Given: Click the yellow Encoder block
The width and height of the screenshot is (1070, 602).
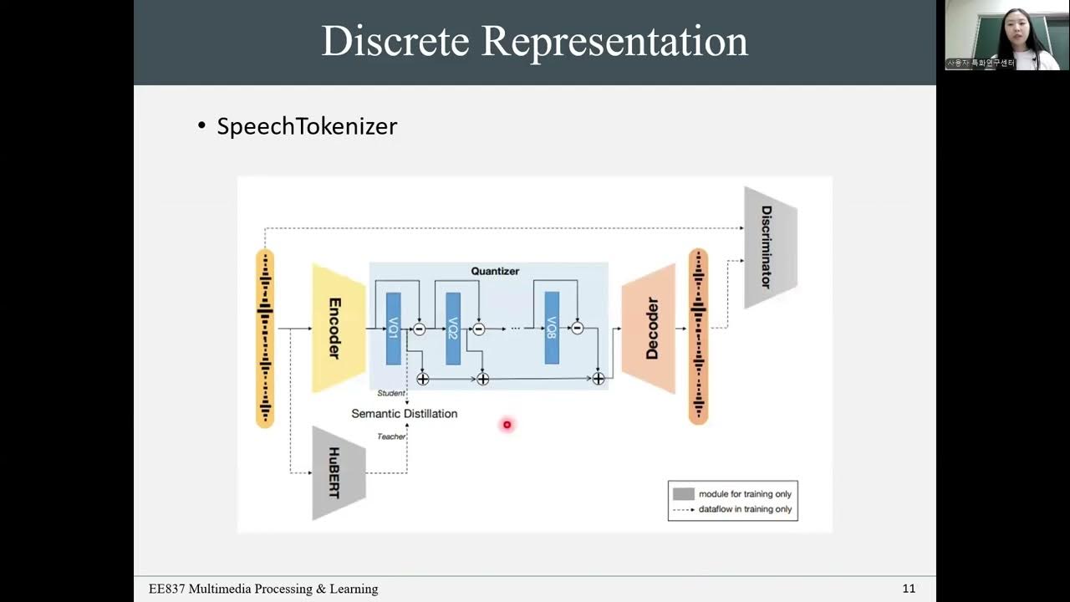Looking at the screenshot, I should point(338,328).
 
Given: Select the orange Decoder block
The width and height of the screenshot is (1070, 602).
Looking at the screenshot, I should point(649,329).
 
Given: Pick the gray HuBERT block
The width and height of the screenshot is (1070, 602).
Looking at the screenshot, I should point(338,472).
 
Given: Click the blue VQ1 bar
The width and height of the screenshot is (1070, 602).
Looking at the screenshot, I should point(394,329).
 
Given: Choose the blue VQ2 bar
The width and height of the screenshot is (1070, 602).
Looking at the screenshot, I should point(453,329).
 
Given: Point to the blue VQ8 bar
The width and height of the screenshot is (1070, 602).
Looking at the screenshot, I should point(552,329).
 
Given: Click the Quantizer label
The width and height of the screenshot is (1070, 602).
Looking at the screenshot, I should point(495,271).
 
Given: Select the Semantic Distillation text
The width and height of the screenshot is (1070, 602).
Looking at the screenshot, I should point(404,414).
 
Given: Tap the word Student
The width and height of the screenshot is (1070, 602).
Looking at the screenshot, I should point(390,393).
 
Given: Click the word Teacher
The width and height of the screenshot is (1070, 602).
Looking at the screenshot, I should point(390,436).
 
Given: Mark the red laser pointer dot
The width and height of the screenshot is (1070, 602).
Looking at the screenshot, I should point(507,425).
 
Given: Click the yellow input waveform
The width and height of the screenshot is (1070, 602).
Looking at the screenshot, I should point(265,338).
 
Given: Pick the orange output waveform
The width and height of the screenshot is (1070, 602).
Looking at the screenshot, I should point(698,336).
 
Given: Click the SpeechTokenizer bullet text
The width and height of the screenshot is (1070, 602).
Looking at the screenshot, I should point(306,126).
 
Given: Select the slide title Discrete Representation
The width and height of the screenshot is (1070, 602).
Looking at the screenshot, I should point(534,42).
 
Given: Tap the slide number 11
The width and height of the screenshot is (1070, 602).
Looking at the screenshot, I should point(909,589).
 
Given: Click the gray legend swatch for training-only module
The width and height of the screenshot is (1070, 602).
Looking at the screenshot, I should point(684,494).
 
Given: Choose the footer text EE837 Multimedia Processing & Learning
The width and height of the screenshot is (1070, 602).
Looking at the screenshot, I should point(263,589).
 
